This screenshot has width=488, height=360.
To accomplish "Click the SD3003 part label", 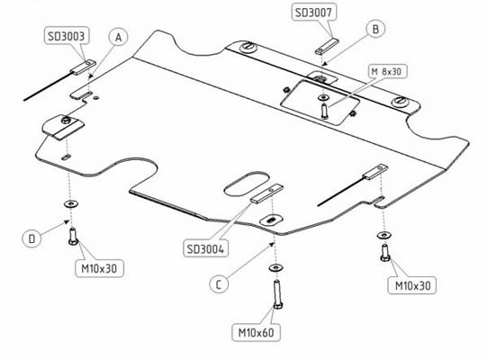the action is click(67, 36).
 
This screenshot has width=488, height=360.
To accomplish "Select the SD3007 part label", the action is click(313, 13).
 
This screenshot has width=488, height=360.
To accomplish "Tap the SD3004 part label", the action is click(205, 248).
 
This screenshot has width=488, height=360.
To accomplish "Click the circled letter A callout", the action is click(118, 37).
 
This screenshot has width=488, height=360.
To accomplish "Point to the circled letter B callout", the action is click(375, 29).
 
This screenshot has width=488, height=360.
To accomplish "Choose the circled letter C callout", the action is click(219, 284).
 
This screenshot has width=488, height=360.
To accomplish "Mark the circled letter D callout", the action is click(32, 238).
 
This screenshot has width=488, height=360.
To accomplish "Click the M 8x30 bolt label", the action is click(386, 72).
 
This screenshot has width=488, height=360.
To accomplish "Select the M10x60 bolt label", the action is click(256, 333).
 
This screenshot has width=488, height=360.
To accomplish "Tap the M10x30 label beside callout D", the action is click(99, 268).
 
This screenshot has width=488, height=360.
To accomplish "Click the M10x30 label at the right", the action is click(412, 285).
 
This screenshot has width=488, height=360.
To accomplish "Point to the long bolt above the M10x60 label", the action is click(277, 294).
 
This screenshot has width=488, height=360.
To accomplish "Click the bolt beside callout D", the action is click(73, 236).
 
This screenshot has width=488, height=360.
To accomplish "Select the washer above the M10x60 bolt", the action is click(276, 267).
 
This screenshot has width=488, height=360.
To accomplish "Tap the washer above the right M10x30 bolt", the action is click(384, 235).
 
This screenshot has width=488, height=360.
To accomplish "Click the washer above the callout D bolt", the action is click(71, 203).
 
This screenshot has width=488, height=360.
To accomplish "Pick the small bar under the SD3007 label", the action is click(327, 47).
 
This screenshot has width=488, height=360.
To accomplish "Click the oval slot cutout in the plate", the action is click(247, 184).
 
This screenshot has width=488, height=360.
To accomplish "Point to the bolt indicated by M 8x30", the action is click(325, 111).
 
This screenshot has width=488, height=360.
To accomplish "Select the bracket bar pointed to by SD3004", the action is click(267, 193).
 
